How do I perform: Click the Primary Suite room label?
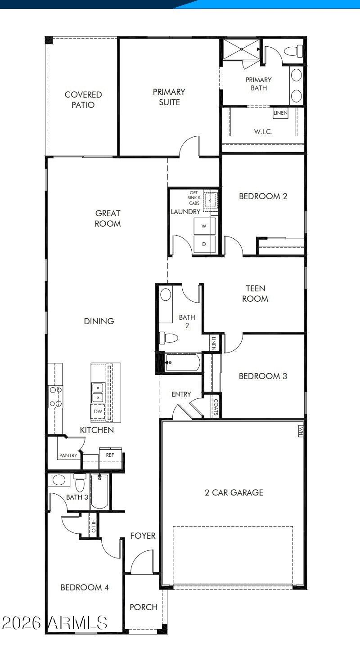169,97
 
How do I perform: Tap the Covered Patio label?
83,100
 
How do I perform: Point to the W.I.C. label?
263,132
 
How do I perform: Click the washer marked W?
204,226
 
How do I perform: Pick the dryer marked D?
204,244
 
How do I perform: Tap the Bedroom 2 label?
263,196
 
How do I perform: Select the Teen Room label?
255,293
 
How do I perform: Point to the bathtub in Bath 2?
183,362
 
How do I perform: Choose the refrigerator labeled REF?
110,455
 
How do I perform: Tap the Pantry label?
68,456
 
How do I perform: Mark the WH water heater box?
301,431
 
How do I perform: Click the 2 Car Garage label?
234,492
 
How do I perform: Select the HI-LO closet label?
94,526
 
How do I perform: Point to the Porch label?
144,607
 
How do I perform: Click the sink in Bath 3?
59,480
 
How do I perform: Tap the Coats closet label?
216,406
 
